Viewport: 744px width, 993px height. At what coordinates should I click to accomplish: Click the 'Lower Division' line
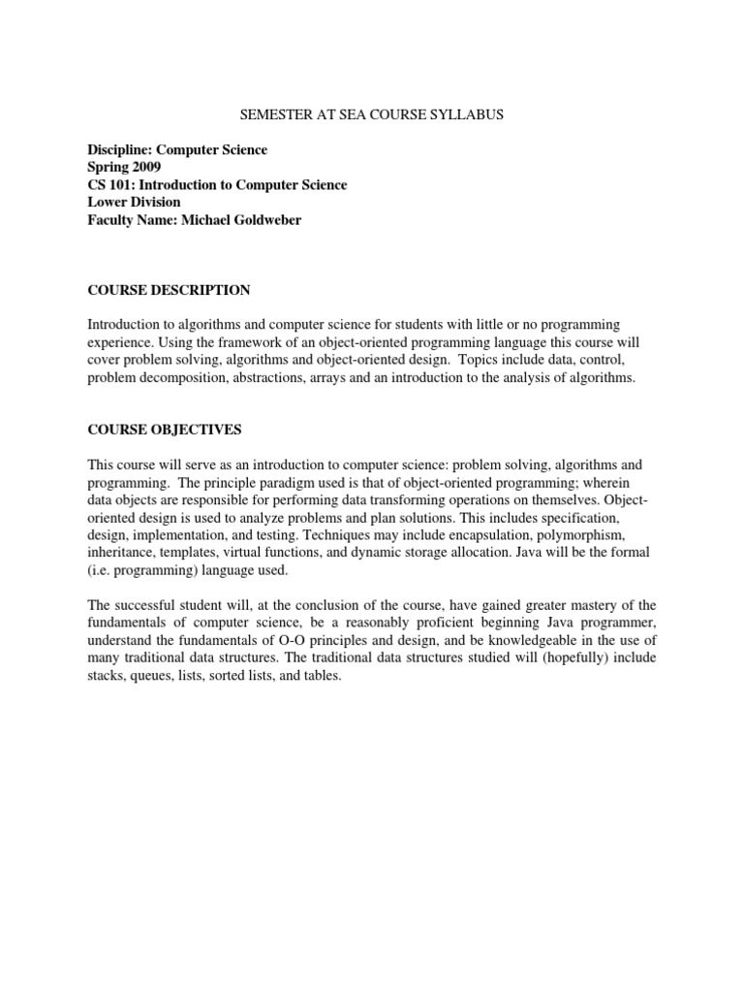coord(134,203)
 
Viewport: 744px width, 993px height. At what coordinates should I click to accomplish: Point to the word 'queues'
coord(150,676)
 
